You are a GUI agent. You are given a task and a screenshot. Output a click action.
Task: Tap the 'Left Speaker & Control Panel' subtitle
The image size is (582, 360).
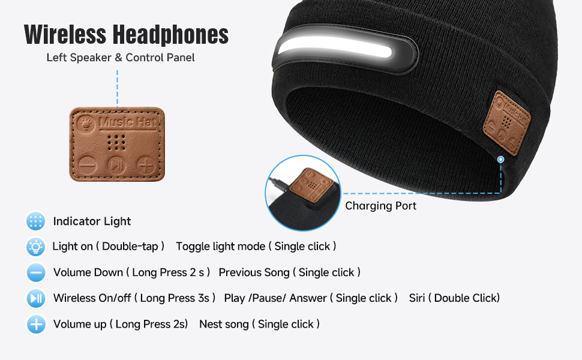121,58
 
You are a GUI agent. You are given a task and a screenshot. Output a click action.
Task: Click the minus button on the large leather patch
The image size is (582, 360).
88,163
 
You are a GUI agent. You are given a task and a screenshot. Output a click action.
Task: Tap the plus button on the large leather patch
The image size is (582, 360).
145,163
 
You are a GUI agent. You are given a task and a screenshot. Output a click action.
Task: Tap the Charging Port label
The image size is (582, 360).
381,206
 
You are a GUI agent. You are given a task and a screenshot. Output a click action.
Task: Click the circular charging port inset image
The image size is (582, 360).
302,193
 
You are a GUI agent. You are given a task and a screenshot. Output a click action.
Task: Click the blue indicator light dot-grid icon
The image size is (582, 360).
36,221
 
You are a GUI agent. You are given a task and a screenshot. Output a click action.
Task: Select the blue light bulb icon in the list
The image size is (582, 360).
36,247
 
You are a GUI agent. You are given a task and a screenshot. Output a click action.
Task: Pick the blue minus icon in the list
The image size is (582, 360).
36,272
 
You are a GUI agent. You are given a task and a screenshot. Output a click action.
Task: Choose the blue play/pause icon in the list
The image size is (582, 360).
36,298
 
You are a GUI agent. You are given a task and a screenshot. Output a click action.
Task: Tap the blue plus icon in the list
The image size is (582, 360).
36,325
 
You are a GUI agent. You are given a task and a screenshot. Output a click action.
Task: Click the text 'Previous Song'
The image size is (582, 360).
254,272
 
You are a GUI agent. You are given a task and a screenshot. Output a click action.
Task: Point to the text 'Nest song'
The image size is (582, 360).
224,324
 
